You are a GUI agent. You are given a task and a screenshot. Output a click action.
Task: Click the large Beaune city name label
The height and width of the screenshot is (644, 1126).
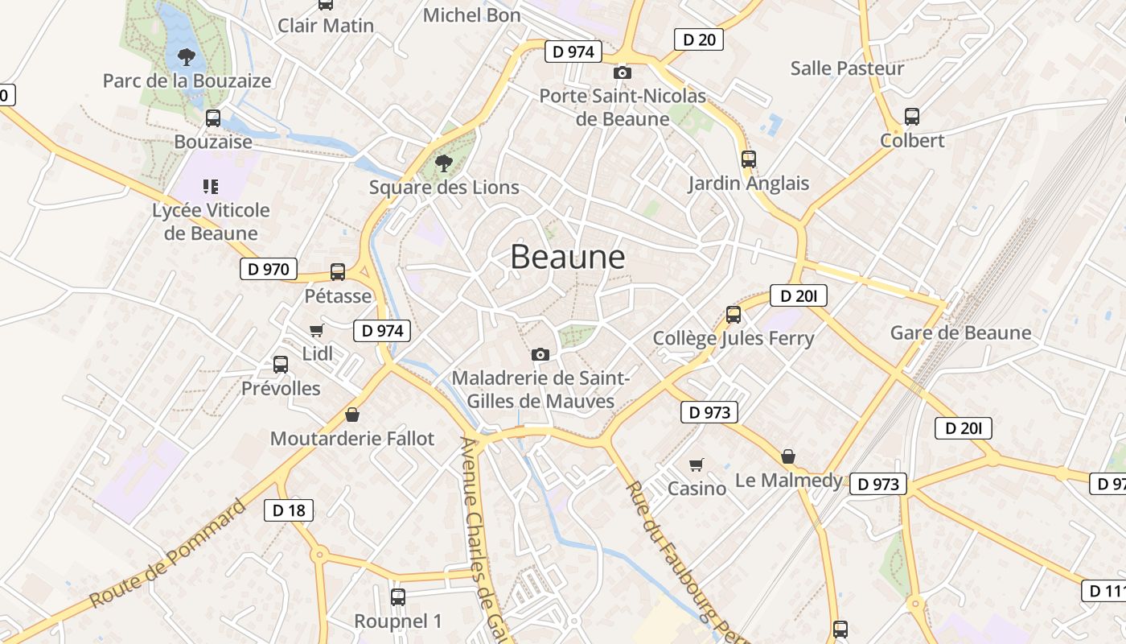pyautogui.click(x=567, y=257)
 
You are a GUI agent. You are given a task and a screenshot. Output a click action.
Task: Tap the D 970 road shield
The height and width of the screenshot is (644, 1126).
pyautogui.click(x=269, y=269)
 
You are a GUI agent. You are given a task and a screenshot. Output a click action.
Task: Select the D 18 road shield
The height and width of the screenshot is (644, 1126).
pyautogui.click(x=289, y=510)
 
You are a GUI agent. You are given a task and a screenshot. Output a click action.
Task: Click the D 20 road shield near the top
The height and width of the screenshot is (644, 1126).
pyautogui.click(x=698, y=39)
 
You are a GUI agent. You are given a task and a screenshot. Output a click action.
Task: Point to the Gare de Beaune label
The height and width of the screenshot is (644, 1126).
pyautogui.click(x=960, y=332)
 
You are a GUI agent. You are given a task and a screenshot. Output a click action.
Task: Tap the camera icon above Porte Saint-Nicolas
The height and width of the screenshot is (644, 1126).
pyautogui.click(x=622, y=73)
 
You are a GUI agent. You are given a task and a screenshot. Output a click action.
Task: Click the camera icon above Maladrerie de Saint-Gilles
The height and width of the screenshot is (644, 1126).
pyautogui.click(x=540, y=354)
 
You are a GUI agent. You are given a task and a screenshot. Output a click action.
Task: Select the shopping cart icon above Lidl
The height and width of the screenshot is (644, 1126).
pyautogui.click(x=316, y=330)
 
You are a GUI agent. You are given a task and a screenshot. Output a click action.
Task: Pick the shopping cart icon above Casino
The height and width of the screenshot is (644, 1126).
pyautogui.click(x=697, y=464)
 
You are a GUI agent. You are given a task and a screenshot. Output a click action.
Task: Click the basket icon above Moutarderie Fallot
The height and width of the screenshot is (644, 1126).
pyautogui.click(x=351, y=415)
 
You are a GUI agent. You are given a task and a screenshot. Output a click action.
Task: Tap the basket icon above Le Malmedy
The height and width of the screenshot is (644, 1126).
pyautogui.click(x=788, y=456)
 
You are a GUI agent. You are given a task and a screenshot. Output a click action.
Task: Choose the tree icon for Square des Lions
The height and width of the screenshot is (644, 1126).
pyautogui.click(x=443, y=164)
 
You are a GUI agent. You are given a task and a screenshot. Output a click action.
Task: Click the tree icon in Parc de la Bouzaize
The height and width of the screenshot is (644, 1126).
pyautogui.click(x=187, y=57)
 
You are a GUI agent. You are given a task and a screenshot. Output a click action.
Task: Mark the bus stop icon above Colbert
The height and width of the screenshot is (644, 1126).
pyautogui.click(x=912, y=117)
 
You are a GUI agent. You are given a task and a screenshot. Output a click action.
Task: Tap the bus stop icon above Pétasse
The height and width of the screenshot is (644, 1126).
pyautogui.click(x=338, y=272)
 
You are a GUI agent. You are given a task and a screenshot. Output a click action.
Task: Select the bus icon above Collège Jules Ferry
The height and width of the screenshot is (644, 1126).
pyautogui.click(x=734, y=315)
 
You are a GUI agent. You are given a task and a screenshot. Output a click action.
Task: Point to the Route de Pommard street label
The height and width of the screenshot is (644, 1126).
pyautogui.click(x=167, y=554)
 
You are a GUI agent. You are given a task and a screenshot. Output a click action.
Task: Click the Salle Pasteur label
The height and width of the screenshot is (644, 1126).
pyautogui.click(x=847, y=68)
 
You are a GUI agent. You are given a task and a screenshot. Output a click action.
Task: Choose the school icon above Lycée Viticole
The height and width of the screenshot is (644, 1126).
pyautogui.click(x=211, y=187)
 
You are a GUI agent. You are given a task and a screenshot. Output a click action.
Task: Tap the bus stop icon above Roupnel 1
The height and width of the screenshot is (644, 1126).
pyautogui.click(x=398, y=597)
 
